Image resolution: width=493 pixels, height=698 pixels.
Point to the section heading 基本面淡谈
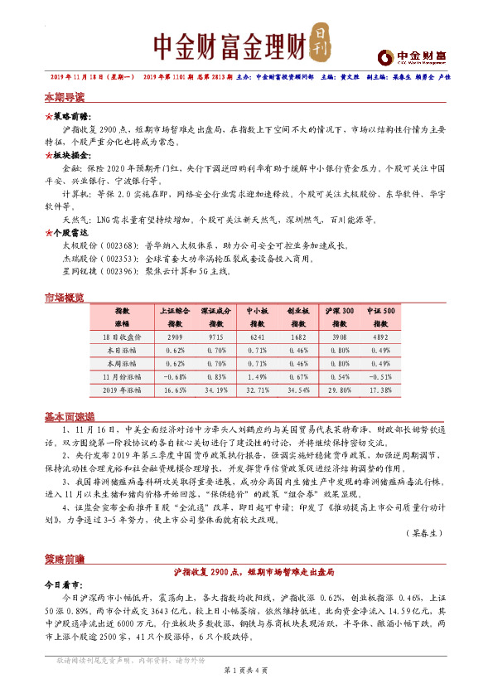coord(69,416)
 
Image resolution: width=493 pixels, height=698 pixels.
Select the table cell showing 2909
coord(174,338)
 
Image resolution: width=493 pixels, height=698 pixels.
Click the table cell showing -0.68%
coord(174,376)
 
